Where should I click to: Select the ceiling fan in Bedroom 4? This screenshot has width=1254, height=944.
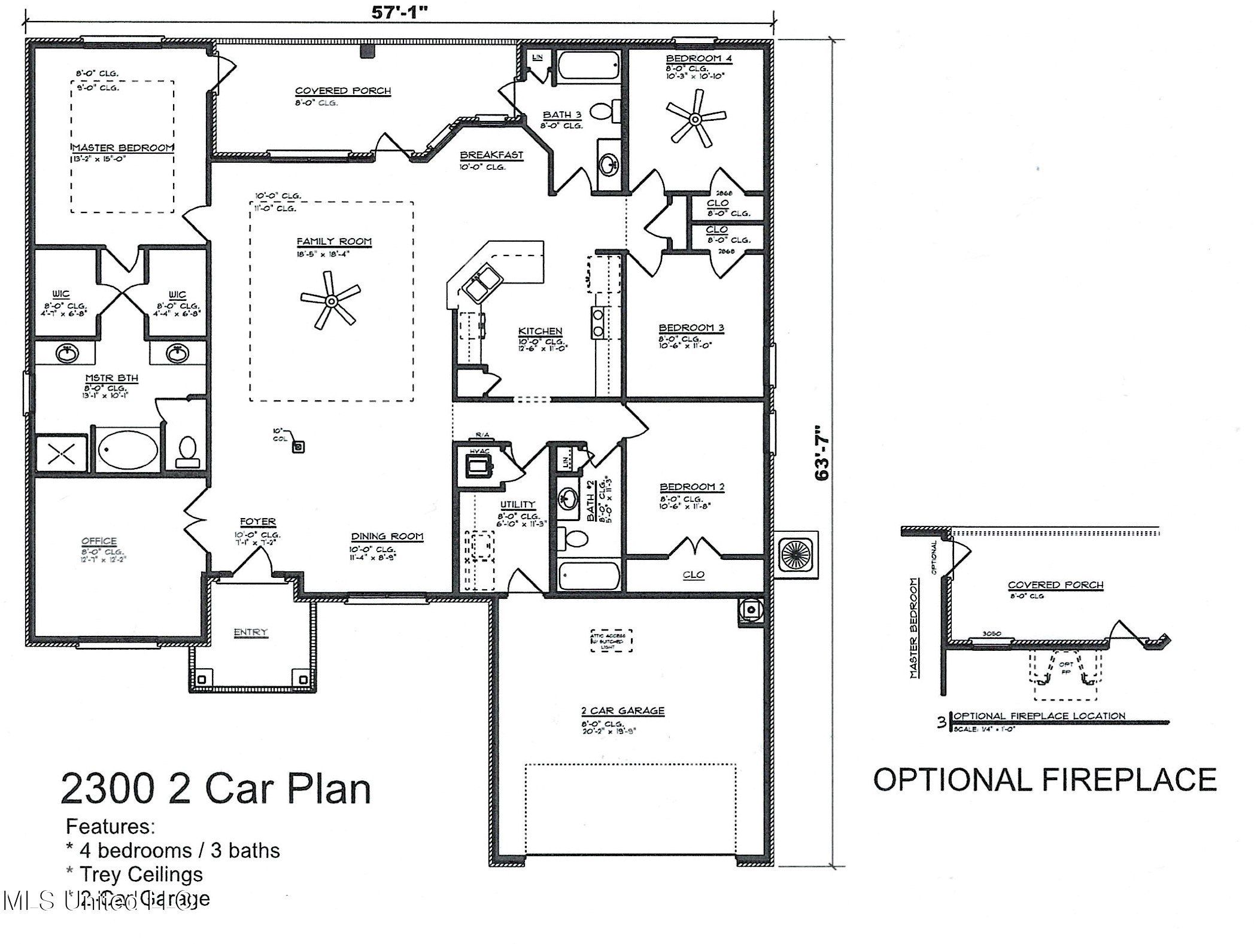(695, 120)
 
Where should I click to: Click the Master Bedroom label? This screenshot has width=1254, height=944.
(123, 148)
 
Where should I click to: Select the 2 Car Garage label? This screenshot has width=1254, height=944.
(623, 711)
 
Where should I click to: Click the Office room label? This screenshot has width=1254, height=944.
(99, 541)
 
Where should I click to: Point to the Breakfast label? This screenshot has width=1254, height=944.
(491, 155)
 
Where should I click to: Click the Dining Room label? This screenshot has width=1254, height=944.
(387, 537)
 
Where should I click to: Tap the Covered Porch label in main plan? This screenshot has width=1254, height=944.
(342, 91)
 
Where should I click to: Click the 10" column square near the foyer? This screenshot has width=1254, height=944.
(299, 446)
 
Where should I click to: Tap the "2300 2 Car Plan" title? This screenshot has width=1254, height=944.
(215, 788)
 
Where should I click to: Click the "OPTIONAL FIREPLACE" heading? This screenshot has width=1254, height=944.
(1045, 780)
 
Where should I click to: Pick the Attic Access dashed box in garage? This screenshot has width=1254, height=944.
(611, 640)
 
